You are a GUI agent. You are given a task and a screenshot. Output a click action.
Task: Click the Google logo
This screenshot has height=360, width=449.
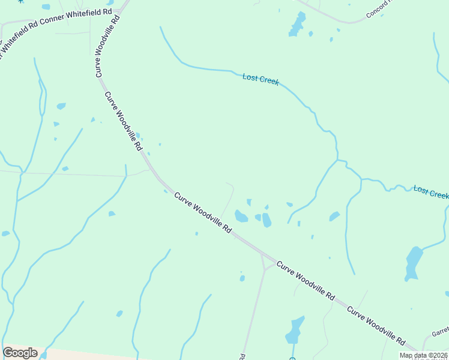(x=20, y=353)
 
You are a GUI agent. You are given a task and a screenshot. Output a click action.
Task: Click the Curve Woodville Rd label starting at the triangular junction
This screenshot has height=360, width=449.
(x=306, y=280)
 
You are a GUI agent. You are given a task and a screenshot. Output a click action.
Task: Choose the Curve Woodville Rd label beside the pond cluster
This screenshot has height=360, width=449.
(x=203, y=212)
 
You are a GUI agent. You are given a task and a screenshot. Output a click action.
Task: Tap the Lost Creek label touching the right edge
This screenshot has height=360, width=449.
(x=431, y=192)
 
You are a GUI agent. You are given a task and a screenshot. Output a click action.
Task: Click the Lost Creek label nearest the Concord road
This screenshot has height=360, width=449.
(x=261, y=79)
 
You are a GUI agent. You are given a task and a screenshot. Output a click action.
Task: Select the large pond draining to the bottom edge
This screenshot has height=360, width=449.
(x=294, y=330)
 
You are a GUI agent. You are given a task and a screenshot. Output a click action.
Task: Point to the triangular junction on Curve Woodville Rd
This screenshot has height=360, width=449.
(x=266, y=262)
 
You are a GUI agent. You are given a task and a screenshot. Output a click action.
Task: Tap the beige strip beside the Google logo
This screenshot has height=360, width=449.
(x=90, y=355)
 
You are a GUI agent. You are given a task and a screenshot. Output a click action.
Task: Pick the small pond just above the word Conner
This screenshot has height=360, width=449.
(x=46, y=7)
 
